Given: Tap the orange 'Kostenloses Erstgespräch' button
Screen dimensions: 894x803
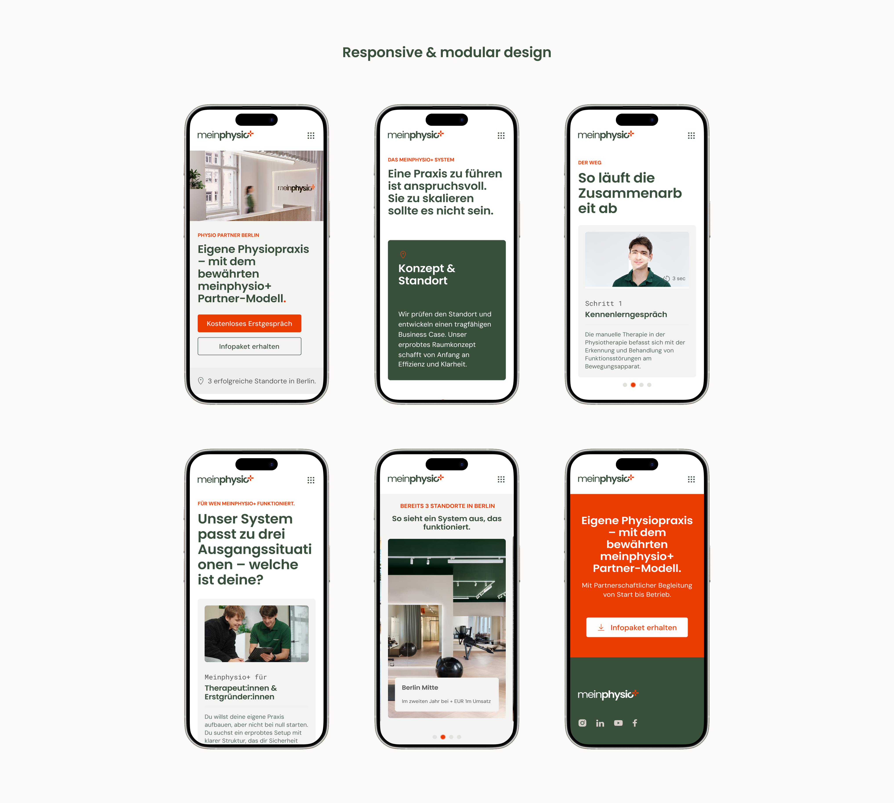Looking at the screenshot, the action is [249, 323].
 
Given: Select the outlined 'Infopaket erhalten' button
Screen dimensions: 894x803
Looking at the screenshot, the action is [249, 346].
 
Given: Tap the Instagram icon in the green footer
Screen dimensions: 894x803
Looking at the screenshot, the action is [582, 723].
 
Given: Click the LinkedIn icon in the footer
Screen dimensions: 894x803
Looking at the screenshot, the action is [600, 723].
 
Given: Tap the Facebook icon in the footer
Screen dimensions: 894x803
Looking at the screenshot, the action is [635, 723].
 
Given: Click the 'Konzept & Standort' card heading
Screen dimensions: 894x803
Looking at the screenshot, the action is [427, 274].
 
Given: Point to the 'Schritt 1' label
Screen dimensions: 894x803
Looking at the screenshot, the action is [603, 303].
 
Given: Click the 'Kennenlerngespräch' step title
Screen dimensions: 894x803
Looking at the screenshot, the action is [626, 314].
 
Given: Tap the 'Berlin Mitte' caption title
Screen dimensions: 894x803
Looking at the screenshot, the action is [420, 687].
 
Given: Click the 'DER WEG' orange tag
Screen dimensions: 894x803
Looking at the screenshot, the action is [590, 162].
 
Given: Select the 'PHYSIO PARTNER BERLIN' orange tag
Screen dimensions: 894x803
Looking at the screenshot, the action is [228, 235].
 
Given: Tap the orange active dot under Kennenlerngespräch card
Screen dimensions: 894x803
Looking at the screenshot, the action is [633, 385].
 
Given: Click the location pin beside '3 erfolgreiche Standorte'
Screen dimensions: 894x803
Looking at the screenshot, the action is [201, 381].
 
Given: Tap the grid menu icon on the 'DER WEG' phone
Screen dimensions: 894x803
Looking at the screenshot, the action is [691, 135].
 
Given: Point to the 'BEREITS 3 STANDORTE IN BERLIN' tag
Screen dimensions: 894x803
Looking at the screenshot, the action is [447, 506].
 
